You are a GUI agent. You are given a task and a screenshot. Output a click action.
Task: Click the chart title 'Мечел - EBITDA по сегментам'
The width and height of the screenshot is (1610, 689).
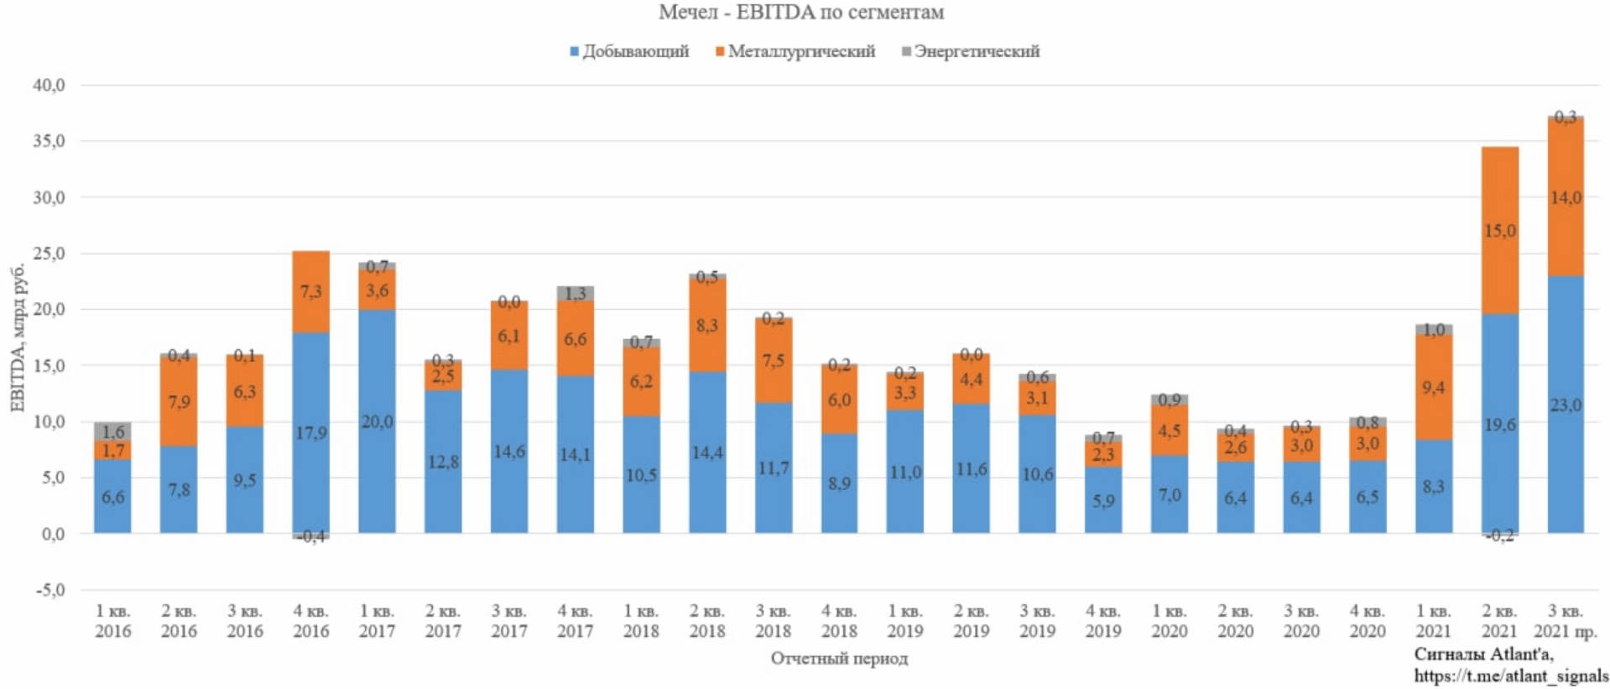click(800, 13)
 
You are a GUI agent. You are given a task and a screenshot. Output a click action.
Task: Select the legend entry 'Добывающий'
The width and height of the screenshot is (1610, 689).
click(635, 51)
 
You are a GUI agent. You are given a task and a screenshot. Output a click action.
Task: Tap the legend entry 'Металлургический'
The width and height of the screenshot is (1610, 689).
click(800, 51)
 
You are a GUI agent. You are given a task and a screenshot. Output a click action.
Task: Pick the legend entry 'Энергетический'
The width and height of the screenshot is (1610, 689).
click(976, 51)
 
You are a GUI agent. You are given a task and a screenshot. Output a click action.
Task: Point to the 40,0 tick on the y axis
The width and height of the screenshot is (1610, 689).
click(49, 86)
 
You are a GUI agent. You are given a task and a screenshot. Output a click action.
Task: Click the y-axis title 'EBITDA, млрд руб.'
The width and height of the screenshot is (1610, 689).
click(18, 337)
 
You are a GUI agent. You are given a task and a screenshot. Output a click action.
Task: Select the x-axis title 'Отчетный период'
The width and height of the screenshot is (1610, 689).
click(839, 659)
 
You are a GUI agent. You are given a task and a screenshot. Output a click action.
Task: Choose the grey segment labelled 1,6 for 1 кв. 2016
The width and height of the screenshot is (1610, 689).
click(112, 431)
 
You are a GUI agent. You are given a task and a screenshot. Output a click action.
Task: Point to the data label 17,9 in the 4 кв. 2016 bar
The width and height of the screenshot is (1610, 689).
click(310, 433)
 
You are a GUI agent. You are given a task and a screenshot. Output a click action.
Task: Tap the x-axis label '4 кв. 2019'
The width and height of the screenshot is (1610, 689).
click(1103, 621)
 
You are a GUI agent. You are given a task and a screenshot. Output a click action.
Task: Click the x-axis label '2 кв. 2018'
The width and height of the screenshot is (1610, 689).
click(707, 621)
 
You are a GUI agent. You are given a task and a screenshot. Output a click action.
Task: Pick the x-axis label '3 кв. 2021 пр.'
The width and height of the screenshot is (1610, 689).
click(1566, 621)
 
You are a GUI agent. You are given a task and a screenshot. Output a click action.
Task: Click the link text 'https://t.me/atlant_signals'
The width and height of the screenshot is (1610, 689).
click(1511, 676)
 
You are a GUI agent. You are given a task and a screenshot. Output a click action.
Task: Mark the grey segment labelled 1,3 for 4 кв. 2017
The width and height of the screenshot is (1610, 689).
click(576, 293)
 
